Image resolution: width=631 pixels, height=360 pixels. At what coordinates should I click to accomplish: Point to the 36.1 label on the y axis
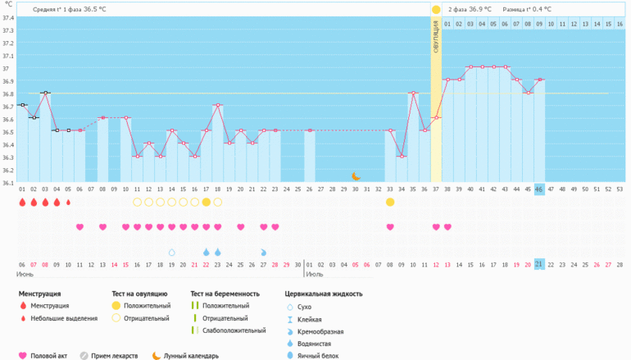point(8,182)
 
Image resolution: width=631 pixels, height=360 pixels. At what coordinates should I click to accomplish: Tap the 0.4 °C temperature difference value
point(542,9)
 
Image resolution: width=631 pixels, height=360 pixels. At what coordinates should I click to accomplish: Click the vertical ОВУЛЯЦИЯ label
point(436,37)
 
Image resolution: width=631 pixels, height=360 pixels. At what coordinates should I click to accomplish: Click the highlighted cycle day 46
point(539,189)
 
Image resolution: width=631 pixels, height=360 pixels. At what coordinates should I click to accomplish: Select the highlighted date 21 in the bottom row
point(539,264)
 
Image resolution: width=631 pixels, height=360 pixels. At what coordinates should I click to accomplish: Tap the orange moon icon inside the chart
point(356,175)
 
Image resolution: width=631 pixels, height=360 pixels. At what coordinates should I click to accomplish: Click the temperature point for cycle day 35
point(413,93)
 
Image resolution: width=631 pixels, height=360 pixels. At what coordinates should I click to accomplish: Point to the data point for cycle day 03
point(45,93)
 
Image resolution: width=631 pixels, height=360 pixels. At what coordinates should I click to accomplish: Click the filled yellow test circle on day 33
point(390,202)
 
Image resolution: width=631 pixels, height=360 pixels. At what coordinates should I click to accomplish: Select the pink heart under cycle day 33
point(390,227)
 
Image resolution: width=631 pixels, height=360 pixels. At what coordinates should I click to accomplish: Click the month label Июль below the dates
point(314,275)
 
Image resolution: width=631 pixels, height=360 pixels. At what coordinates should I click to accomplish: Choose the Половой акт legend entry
point(48,355)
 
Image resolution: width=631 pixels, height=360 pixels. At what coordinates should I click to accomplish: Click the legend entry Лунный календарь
point(189,355)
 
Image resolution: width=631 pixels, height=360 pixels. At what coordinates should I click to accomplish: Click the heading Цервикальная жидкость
point(324,293)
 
